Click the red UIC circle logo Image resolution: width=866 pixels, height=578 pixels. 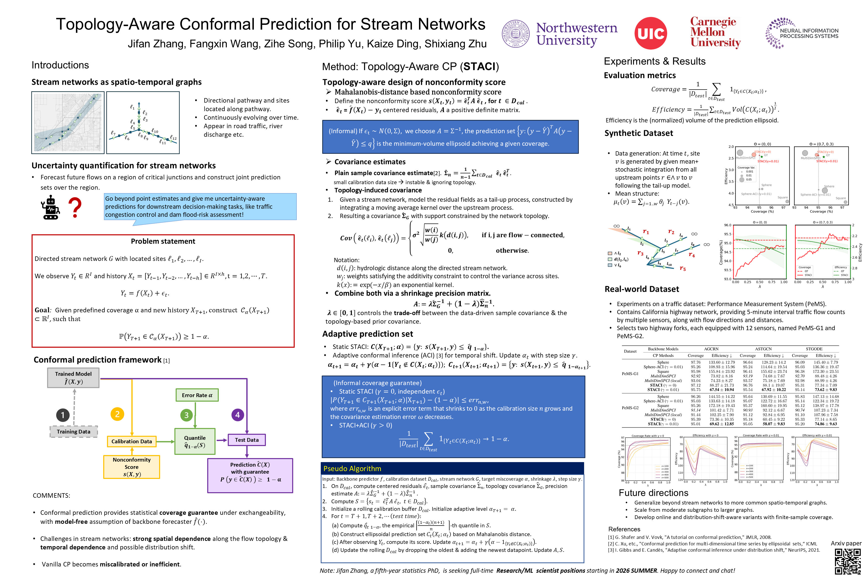tap(651, 33)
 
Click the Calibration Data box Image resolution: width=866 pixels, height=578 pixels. tap(132, 441)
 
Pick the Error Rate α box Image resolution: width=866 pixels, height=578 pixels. tap(197, 395)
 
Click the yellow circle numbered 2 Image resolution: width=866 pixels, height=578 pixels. tap(117, 414)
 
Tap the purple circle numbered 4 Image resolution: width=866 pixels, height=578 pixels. tap(238, 415)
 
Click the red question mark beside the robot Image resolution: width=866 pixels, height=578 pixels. tap(75, 207)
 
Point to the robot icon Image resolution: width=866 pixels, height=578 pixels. tap(50, 207)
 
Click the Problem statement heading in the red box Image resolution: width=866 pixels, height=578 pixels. tap(163, 241)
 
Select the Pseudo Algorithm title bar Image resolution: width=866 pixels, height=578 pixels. tap(452, 469)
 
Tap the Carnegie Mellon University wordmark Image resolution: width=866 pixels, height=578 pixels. tap(715, 32)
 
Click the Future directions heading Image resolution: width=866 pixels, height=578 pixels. tap(653, 493)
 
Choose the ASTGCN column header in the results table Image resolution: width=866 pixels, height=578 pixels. tap(763, 349)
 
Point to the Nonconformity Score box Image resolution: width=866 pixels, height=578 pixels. tap(132, 467)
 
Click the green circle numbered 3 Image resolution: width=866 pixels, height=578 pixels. tap(186, 415)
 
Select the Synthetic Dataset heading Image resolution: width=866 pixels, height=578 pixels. tap(638, 133)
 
